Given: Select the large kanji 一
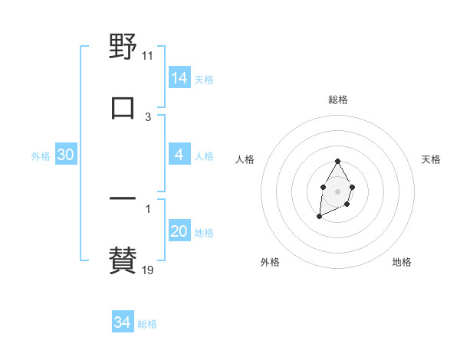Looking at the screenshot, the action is [123, 198].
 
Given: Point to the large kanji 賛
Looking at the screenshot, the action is [123, 260].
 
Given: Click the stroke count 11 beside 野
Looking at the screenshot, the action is [148, 56].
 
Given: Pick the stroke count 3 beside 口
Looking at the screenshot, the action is [148, 117].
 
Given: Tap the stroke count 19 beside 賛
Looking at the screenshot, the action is [148, 270].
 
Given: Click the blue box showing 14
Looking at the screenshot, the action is [179, 78].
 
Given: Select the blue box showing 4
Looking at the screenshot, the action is [179, 155].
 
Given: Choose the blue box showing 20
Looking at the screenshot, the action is [179, 231].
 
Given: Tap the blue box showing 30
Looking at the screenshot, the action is [66, 155].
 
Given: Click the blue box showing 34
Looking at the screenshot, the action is [123, 322].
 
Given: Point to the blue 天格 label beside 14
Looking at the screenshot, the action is [204, 80].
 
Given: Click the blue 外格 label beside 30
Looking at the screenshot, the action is [41, 156].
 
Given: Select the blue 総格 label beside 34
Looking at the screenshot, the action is [147, 324].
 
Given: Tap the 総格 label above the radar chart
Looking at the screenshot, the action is [338, 100].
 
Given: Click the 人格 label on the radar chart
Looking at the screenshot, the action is [245, 159].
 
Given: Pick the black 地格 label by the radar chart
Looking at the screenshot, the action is [402, 262].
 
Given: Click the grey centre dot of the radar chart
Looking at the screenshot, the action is [337, 190].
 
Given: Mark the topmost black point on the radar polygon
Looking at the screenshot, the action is [337, 161].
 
